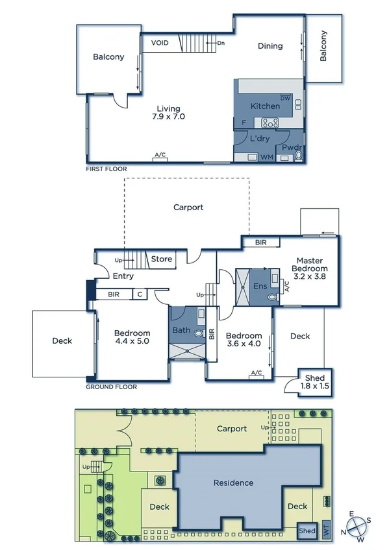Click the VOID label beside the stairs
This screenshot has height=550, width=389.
(160, 43)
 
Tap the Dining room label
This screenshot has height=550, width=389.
(270, 46)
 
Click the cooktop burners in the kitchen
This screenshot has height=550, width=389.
(270, 122)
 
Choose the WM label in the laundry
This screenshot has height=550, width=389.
(266, 157)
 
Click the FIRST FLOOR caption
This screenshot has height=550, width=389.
(107, 169)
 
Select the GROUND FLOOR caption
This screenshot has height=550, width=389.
(110, 387)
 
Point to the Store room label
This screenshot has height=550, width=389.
(162, 259)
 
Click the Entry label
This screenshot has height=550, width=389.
(123, 276)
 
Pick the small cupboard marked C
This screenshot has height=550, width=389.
(140, 294)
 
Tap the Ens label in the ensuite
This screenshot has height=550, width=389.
(260, 285)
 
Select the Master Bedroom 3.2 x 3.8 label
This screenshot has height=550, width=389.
(309, 268)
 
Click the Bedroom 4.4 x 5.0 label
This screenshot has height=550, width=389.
(132, 338)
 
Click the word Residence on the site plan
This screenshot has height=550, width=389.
(233, 483)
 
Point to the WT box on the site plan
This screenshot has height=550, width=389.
(326, 531)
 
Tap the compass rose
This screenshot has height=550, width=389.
(357, 525)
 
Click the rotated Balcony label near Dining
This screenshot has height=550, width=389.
(323, 46)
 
